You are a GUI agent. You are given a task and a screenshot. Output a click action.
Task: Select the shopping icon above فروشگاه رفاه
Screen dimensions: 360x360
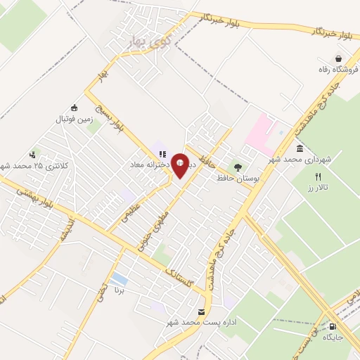(x=339, y=58)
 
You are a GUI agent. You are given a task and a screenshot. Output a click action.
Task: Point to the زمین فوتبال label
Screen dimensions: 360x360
(x=75, y=120)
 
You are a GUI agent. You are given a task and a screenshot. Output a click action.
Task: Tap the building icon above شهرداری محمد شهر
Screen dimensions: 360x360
(x=300, y=149)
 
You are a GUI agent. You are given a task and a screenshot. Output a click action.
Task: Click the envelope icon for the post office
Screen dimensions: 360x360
(x=202, y=312)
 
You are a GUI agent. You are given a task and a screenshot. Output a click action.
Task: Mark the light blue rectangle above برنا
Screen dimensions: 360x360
(x=120, y=279)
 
